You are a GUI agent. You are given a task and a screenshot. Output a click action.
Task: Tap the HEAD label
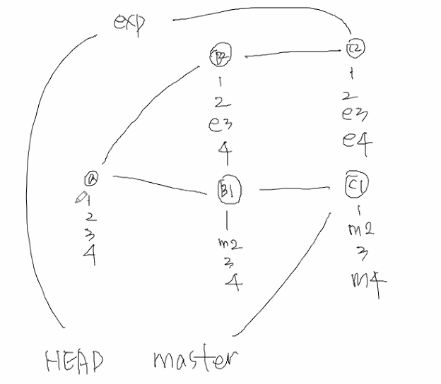[73, 362]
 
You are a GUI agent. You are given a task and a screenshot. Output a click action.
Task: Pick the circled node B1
[228, 190]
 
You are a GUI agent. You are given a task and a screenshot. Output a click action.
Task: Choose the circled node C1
[353, 184]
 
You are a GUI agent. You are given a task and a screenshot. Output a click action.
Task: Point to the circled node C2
[355, 47]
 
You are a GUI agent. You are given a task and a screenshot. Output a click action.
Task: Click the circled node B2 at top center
[219, 54]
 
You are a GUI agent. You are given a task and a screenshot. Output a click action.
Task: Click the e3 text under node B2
[220, 124]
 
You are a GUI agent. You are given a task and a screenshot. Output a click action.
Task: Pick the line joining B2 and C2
[290, 52]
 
